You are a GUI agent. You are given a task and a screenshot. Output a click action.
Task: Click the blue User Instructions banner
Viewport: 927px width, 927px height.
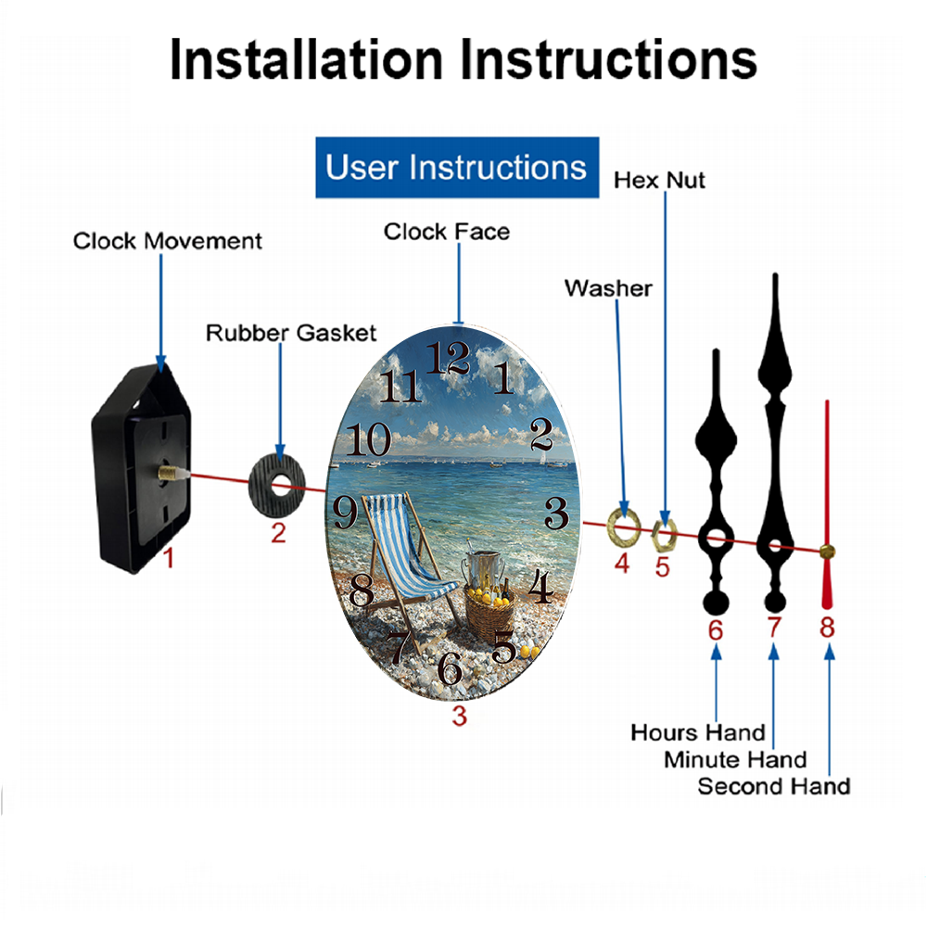[x=456, y=168]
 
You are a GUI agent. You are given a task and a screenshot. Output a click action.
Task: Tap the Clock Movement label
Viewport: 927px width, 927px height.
[x=168, y=241]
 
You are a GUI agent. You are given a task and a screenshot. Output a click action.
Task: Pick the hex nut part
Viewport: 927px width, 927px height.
[x=664, y=532]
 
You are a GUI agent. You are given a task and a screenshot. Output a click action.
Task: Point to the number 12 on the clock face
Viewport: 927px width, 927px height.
[x=451, y=357]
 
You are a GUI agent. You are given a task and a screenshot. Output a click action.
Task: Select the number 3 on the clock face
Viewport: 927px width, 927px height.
[x=555, y=511]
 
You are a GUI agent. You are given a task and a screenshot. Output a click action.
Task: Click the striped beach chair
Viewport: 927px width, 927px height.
[x=408, y=565]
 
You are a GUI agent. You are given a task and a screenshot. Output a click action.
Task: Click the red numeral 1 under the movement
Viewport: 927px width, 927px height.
[x=168, y=559]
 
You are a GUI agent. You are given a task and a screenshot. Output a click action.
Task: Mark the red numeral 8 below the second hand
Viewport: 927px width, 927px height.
[x=827, y=628]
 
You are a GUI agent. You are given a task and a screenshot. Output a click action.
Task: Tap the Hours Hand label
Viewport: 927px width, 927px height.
[x=698, y=732]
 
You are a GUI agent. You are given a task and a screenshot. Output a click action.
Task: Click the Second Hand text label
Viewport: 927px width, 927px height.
[x=773, y=787]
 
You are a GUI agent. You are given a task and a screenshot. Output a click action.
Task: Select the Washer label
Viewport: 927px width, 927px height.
[x=608, y=288]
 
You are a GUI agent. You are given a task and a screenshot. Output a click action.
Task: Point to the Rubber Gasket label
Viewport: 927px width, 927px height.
[x=291, y=333]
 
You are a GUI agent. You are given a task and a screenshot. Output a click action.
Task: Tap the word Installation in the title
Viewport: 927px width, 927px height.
[x=306, y=59]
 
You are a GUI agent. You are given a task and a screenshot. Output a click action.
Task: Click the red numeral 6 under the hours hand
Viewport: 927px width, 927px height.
[x=716, y=629]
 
